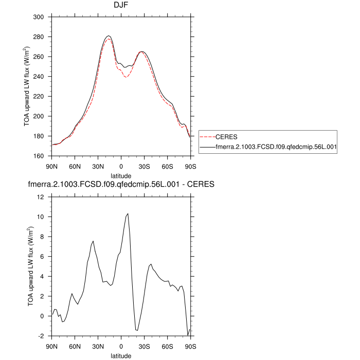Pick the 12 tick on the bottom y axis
[44, 197]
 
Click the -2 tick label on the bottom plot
[44, 336]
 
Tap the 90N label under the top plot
[51, 166]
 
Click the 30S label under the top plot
[144, 166]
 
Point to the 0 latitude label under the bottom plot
[121, 346]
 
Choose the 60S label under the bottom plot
[167, 346]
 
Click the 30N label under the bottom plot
[98, 346]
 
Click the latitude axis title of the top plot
[121, 175]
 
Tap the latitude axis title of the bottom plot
[121, 355]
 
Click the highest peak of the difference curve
[128, 213]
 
